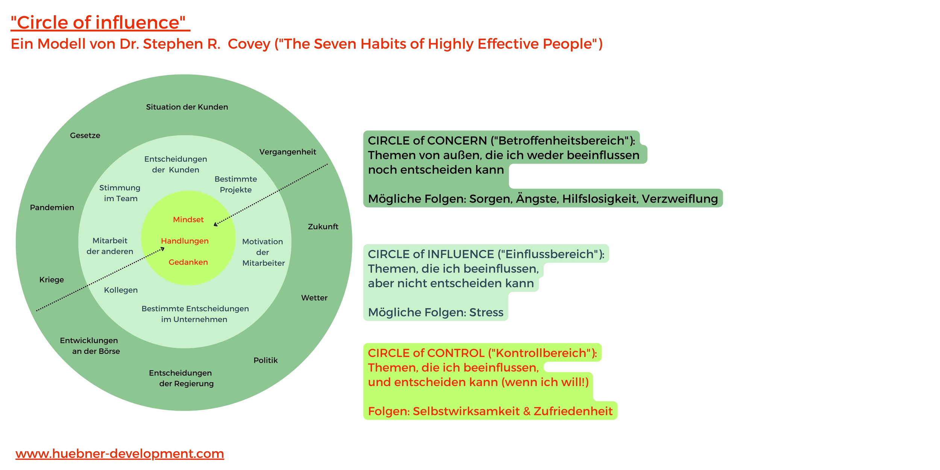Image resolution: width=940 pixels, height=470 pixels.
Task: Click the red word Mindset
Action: pyautogui.click(x=188, y=220)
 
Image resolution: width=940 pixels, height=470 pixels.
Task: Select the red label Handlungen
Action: pyautogui.click(x=185, y=241)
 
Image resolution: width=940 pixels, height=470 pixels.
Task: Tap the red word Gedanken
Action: pyautogui.click(x=188, y=262)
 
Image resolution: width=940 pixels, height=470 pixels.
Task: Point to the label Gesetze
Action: pyautogui.click(x=85, y=135)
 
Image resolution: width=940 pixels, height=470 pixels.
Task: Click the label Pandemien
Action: pyautogui.click(x=52, y=208)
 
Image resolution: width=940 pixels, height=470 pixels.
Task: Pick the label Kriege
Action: pyautogui.click(x=52, y=280)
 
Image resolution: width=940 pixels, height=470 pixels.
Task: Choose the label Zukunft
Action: pyautogui.click(x=323, y=227)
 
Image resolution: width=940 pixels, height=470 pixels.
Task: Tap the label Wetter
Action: pyautogui.click(x=314, y=298)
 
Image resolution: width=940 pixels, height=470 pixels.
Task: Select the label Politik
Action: pyautogui.click(x=265, y=360)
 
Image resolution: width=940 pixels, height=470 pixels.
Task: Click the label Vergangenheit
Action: pyautogui.click(x=288, y=152)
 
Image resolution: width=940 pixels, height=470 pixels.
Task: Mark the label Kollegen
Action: pyautogui.click(x=121, y=290)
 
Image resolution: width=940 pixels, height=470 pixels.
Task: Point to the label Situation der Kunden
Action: pyautogui.click(x=187, y=107)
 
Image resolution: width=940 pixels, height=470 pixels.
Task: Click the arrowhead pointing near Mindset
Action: pyautogui.click(x=215, y=224)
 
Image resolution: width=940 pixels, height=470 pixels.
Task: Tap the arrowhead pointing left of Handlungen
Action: pyautogui.click(x=162, y=249)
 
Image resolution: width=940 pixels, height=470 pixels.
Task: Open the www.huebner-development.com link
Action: pyautogui.click(x=120, y=453)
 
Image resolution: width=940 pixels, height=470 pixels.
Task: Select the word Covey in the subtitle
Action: pyautogui.click(x=249, y=44)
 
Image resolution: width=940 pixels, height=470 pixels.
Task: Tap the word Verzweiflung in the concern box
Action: pyautogui.click(x=679, y=199)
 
